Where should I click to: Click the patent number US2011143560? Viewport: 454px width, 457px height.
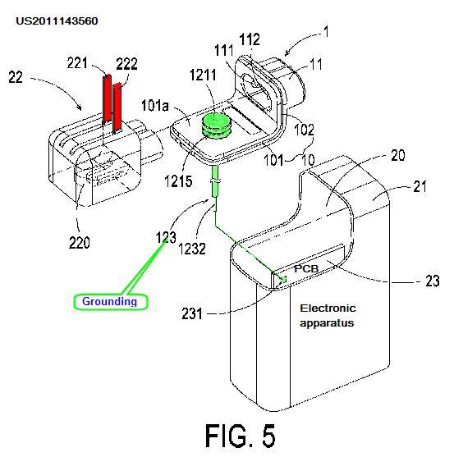point(57,21)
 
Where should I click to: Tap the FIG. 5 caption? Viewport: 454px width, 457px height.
point(241,436)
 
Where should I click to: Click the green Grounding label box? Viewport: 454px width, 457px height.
point(111,302)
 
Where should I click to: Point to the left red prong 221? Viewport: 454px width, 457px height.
point(107,98)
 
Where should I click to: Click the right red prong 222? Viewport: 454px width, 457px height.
point(117,107)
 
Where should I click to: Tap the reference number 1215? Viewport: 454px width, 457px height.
point(178,181)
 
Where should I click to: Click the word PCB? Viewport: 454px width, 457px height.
point(306,268)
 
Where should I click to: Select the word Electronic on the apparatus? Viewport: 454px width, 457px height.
point(328,308)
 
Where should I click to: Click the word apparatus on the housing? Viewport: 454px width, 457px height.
point(327,323)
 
